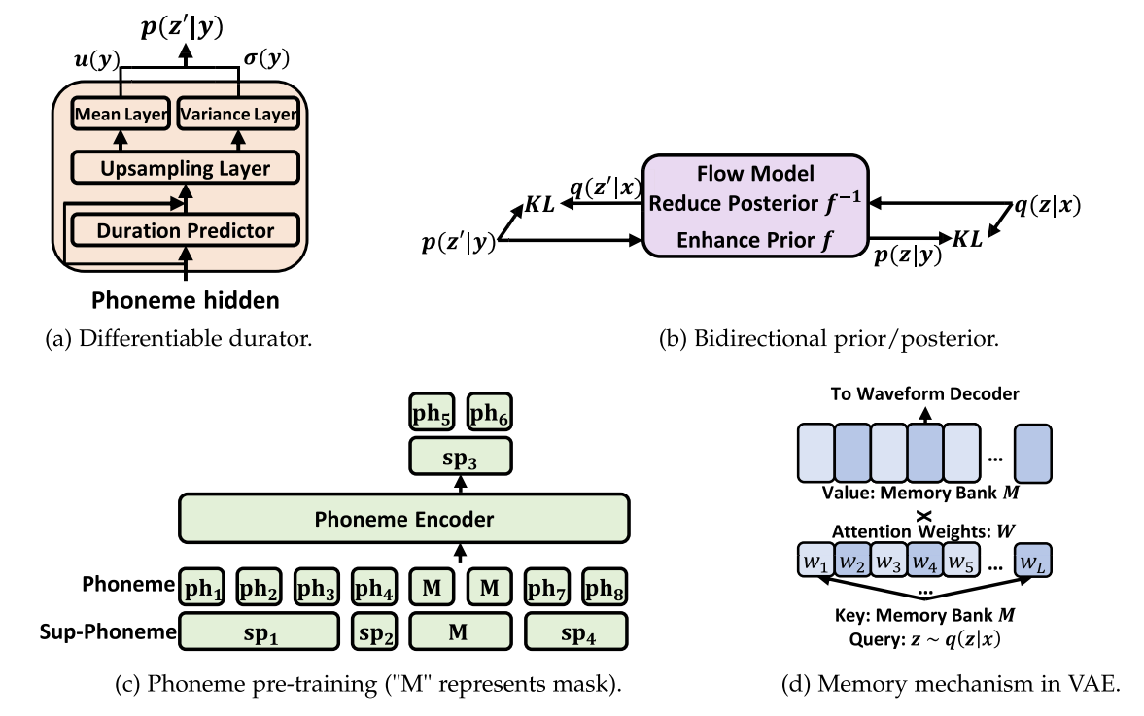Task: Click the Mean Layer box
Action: (121, 114)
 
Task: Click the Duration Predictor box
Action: (186, 230)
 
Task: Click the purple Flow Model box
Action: (754, 204)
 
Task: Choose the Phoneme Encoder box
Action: (402, 519)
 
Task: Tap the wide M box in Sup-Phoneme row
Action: (460, 632)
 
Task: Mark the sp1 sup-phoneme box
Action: (258, 632)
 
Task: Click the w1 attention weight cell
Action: (814, 562)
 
